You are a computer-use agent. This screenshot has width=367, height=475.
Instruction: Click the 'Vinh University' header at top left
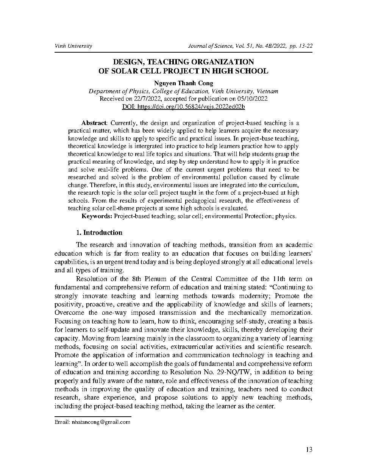pos(73,46)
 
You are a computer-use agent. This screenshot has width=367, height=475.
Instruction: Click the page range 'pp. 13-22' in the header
pos(301,46)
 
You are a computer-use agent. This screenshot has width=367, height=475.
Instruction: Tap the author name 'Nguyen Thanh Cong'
pos(183,83)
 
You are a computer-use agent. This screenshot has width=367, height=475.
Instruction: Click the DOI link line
pos(183,107)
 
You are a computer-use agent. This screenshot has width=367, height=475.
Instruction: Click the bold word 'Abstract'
pos(94,123)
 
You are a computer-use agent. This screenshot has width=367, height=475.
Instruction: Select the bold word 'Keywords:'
pos(97,216)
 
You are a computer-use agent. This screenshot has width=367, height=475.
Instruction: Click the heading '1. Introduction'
pos(99,233)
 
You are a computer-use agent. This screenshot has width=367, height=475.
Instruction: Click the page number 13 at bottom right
pos(309,450)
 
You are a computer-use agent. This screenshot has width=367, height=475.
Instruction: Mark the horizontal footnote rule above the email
pos(93,417)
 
